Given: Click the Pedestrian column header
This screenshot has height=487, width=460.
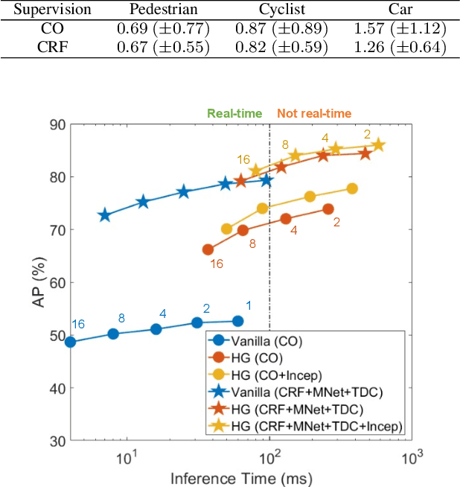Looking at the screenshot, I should click(x=163, y=10).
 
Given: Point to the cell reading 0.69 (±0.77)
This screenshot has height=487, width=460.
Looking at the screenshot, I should click(x=163, y=29).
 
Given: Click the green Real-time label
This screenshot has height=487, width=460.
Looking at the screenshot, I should click(x=234, y=113).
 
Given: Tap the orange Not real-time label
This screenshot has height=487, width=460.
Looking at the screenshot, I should click(x=315, y=113).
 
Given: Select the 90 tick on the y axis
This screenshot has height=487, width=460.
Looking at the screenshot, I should click(x=57, y=124).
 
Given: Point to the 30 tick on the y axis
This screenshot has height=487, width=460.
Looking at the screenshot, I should click(x=57, y=441).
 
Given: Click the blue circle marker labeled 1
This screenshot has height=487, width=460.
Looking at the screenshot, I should click(x=237, y=321).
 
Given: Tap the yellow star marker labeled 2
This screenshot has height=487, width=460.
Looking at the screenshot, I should click(x=378, y=145).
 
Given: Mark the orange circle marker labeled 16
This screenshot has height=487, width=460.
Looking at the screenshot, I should click(x=208, y=249).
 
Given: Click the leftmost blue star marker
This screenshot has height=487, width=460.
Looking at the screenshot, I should click(x=105, y=215).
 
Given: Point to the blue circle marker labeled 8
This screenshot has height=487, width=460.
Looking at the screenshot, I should click(x=113, y=334).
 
